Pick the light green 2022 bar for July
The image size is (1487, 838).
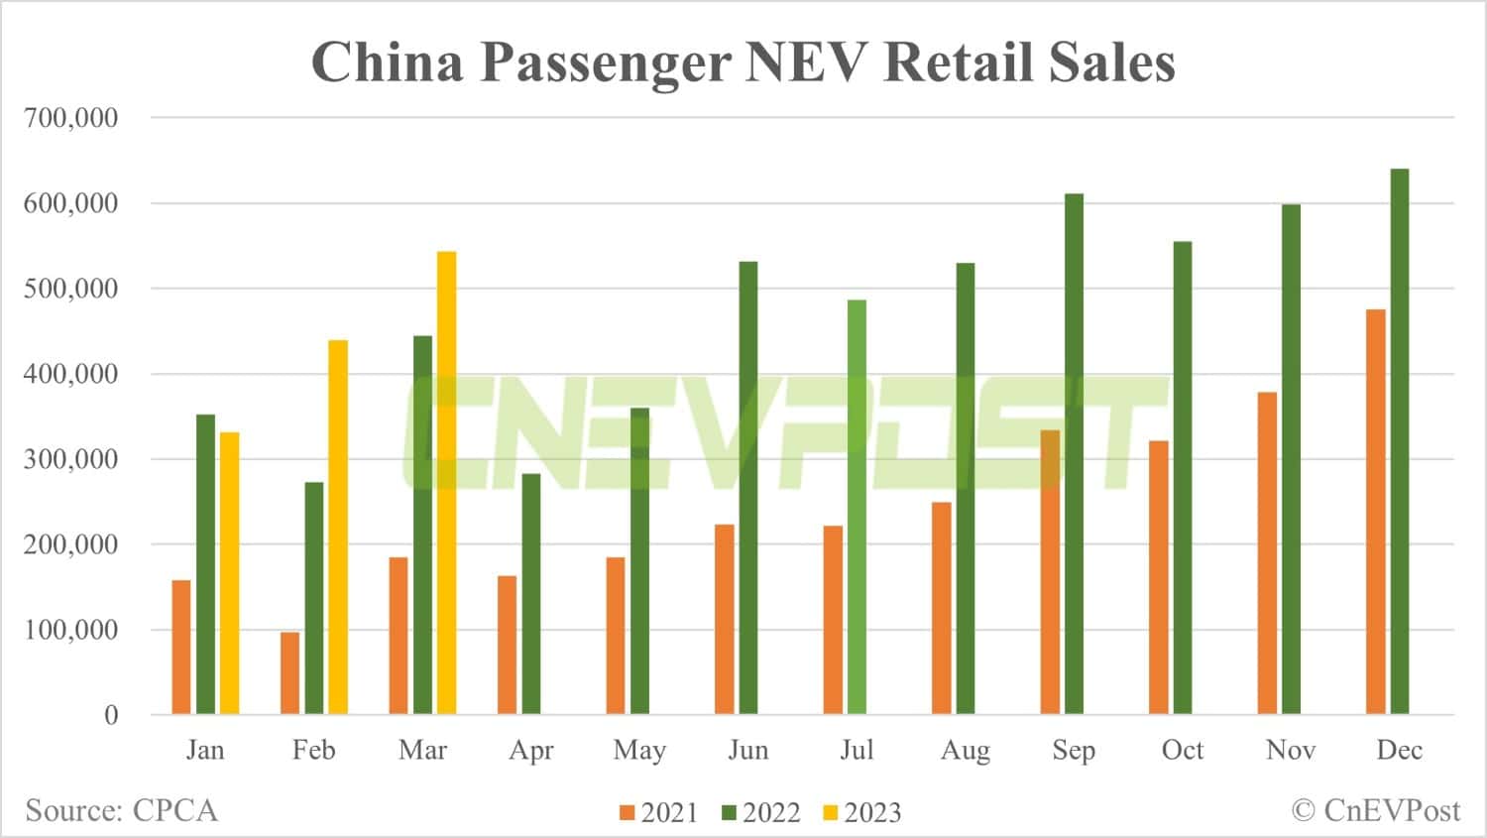857,507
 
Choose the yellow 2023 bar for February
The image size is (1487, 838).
338,527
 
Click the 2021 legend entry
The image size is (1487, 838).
659,813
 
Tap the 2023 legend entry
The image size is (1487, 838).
862,813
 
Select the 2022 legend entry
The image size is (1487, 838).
761,813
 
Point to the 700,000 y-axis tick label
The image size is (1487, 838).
70,118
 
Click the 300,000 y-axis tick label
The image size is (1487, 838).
70,459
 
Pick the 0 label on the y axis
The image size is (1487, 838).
111,715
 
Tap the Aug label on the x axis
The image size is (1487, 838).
966,751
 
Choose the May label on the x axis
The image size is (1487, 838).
639,751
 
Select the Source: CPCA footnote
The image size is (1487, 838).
121,810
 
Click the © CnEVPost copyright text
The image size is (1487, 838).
1376,810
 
